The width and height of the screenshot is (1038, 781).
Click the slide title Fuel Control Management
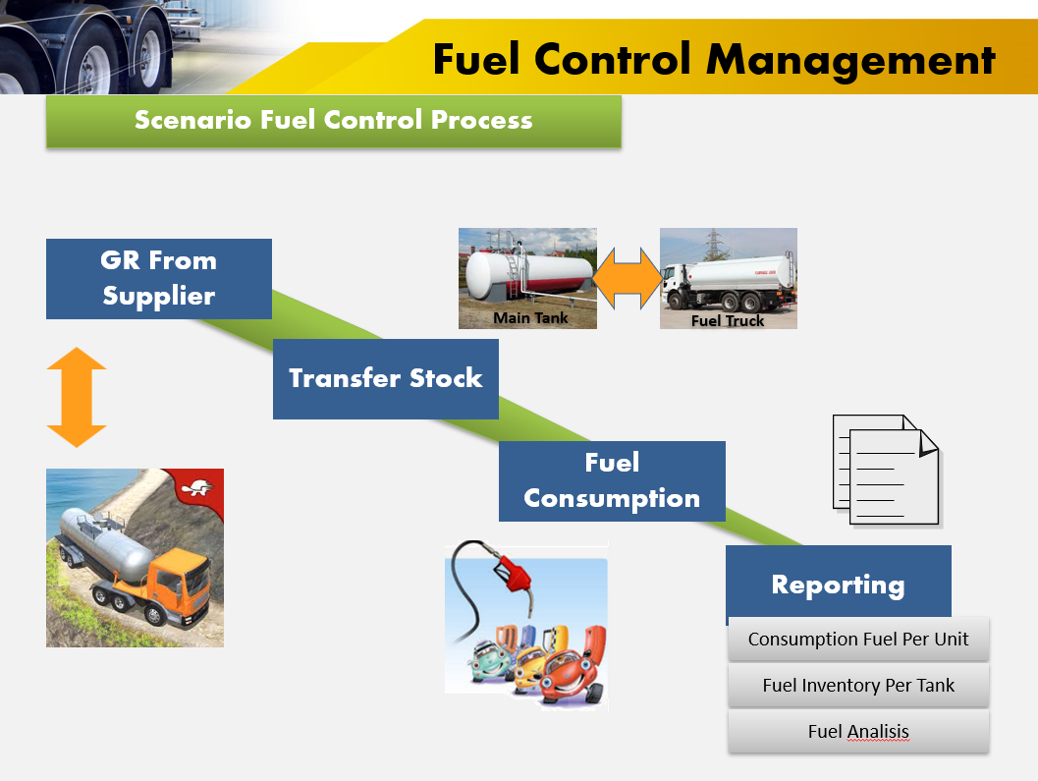(714, 60)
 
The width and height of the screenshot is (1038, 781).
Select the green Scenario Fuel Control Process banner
(333, 121)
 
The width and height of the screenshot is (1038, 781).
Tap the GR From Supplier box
(158, 278)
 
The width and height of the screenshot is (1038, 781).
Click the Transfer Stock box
(385, 378)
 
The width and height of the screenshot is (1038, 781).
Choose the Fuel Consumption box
(612, 480)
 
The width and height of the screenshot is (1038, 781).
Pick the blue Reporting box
(838, 585)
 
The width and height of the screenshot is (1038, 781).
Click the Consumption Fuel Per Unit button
(857, 640)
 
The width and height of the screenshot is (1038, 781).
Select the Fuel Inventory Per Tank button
(857, 686)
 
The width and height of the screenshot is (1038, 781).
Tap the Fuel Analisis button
(857, 732)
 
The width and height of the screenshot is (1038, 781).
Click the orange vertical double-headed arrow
(76, 397)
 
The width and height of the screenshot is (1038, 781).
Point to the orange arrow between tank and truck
(628, 278)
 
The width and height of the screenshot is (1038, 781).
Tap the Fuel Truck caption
(728, 320)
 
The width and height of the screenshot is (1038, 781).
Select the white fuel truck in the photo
(728, 280)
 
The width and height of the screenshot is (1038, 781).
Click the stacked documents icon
(885, 470)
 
